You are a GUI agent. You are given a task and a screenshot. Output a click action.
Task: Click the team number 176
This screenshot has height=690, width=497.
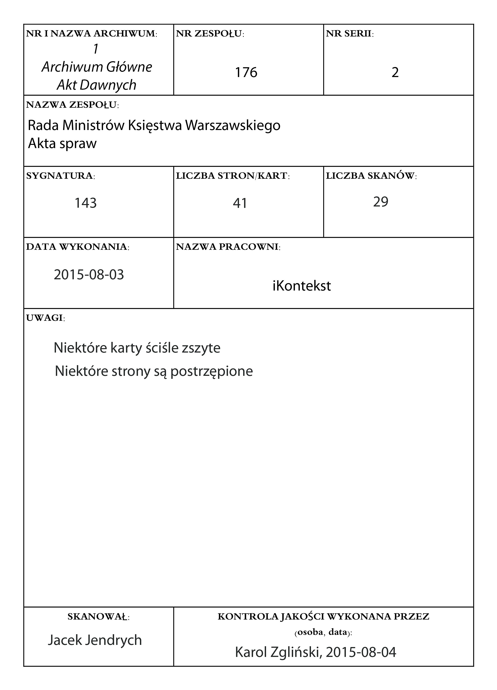[x=246, y=72]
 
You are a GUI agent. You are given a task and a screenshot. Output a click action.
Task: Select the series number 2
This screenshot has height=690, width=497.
[x=395, y=72]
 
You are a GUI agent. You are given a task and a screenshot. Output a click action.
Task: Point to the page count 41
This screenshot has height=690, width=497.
[x=240, y=203]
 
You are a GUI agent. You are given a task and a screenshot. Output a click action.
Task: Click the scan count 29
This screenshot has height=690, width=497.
[x=381, y=202]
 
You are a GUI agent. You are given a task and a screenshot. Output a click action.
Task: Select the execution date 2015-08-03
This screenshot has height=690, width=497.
[x=89, y=275]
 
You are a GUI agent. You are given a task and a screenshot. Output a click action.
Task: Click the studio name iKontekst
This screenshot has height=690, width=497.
[x=302, y=286]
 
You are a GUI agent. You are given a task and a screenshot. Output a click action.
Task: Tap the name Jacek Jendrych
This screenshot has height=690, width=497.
[x=95, y=640]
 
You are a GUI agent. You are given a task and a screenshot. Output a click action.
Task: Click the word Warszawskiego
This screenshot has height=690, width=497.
[x=233, y=125]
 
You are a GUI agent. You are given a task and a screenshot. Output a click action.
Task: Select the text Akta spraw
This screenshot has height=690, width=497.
[x=62, y=143]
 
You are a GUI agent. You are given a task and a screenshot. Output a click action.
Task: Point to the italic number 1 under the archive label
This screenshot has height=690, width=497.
[x=96, y=49]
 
